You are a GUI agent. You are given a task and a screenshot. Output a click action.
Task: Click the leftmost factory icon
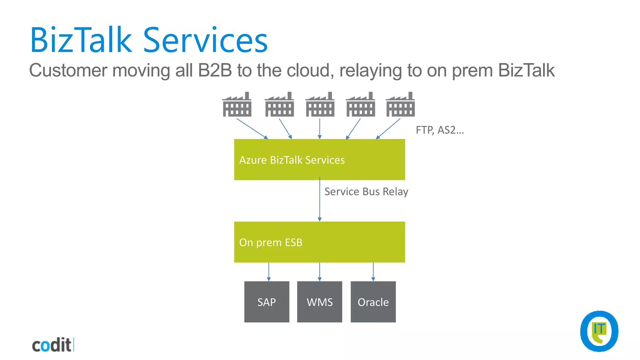click(x=237, y=105)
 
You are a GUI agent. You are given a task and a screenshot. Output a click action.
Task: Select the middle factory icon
click(x=320, y=105)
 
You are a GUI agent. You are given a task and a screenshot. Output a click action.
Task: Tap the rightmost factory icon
click(x=400, y=105)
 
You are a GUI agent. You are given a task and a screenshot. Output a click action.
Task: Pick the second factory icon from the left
click(x=279, y=105)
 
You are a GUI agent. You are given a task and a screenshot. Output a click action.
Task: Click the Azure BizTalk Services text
click(x=292, y=160)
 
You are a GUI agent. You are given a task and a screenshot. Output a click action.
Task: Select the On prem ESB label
click(x=271, y=242)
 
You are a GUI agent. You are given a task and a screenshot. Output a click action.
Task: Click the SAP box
click(x=267, y=302)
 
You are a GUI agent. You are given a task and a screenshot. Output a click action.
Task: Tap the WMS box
click(x=319, y=302)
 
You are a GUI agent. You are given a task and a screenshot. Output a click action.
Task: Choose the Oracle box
click(x=373, y=302)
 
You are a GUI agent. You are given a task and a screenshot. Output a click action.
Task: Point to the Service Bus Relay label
click(x=366, y=192)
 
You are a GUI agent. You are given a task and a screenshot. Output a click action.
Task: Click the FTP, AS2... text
click(x=439, y=130)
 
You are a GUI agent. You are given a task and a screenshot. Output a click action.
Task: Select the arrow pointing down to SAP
click(x=269, y=272)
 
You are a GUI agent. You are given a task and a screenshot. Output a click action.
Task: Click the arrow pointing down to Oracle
click(x=373, y=272)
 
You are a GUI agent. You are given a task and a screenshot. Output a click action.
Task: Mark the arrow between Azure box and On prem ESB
click(x=319, y=200)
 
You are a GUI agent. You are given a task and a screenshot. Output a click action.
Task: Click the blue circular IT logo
click(x=599, y=331)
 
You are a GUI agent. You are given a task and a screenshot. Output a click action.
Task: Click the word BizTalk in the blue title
click(x=81, y=41)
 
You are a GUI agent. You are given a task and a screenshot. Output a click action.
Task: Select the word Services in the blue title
click(x=205, y=41)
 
